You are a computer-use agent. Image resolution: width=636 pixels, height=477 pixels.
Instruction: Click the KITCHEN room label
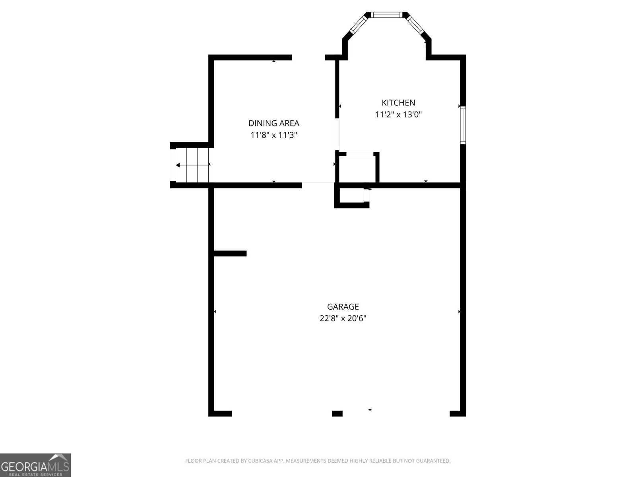(398, 103)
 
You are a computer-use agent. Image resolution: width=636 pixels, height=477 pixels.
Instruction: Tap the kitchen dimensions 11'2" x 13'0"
(398, 115)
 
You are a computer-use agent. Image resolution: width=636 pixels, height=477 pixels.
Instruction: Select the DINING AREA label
(273, 123)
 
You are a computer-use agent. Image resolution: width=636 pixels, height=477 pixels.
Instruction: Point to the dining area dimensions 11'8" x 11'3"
(273, 135)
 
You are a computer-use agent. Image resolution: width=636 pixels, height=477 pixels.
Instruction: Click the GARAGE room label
(343, 306)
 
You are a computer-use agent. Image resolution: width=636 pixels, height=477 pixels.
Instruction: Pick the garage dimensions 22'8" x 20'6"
(343, 318)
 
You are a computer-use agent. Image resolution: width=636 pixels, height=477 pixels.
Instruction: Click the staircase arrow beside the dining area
(192, 165)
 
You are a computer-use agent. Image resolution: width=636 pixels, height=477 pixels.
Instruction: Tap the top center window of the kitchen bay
(387, 15)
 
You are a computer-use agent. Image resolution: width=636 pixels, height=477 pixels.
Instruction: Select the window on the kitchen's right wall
(463, 125)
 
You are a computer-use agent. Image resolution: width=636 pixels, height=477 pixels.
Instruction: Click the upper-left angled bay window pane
(357, 25)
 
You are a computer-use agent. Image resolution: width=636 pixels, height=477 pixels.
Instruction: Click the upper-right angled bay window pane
(417, 25)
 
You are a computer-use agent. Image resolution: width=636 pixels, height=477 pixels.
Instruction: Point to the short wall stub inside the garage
(230, 254)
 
